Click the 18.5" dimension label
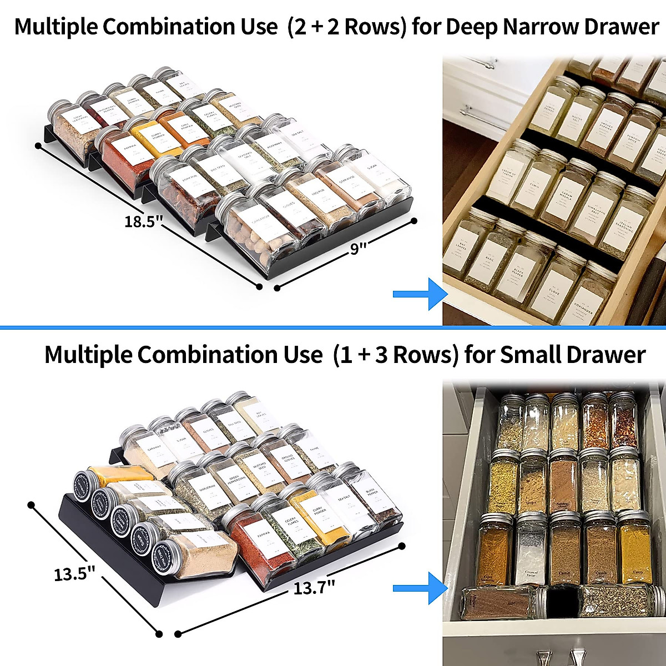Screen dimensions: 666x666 [143, 222]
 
